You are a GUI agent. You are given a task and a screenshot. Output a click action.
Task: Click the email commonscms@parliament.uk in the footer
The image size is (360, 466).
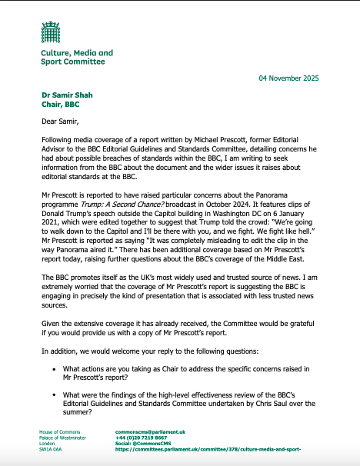coord(145,432)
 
